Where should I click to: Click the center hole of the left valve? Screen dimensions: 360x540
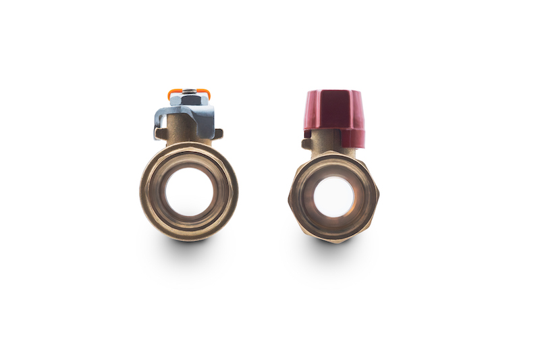point(189,191)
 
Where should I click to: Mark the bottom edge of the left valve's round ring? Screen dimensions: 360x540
point(189,238)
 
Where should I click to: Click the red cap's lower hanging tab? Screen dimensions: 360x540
point(351,138)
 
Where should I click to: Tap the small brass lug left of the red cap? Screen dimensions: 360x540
point(307,143)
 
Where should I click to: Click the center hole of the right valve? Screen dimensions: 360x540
point(333,197)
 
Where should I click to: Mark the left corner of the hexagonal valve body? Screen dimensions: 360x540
point(289,197)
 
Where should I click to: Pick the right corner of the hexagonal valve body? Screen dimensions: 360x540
point(379,197)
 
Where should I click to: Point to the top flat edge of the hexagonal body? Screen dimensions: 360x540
point(333,155)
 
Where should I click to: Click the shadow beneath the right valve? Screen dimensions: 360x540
point(333,251)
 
